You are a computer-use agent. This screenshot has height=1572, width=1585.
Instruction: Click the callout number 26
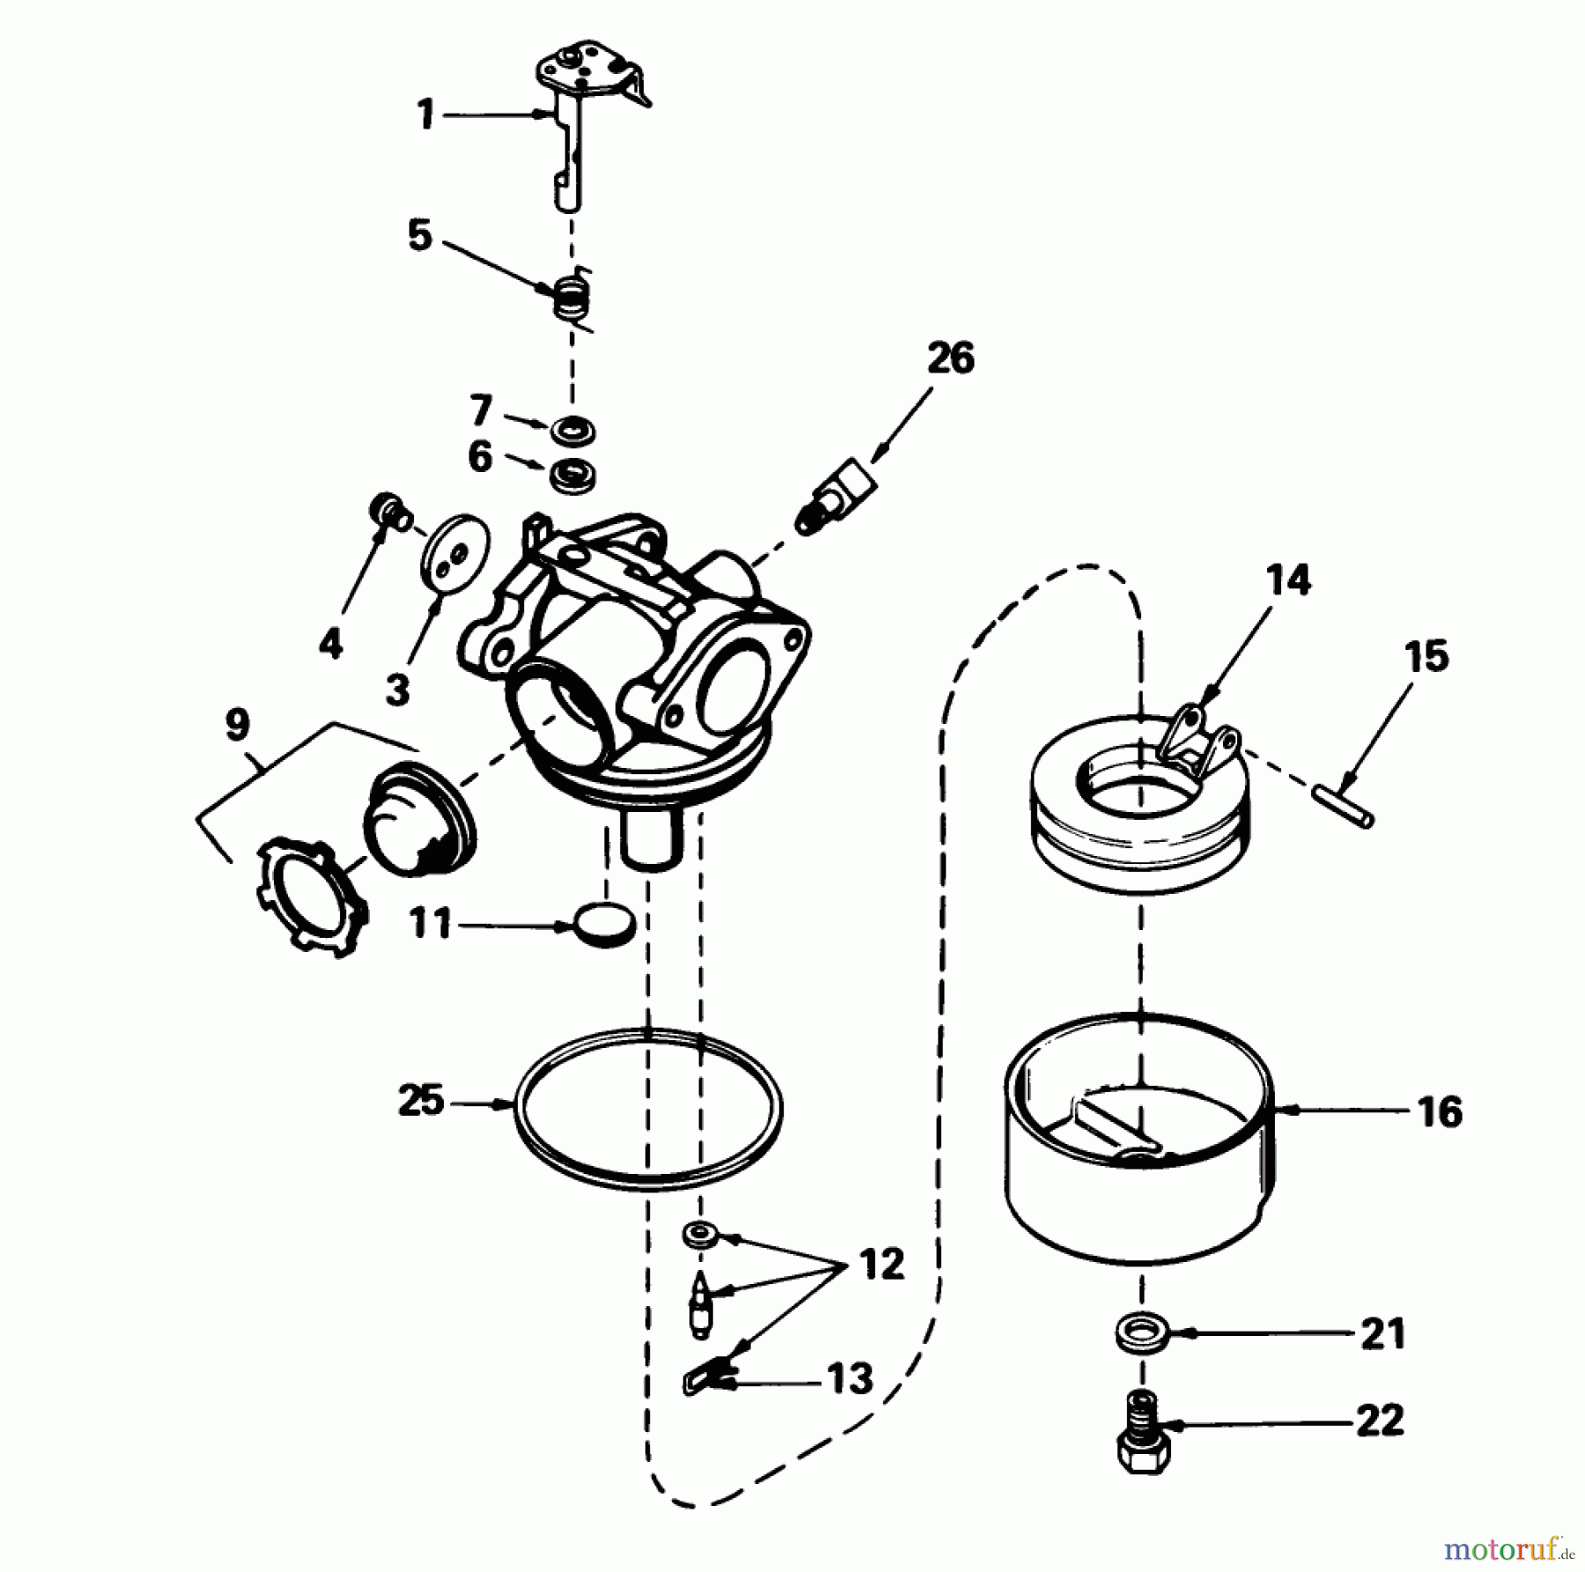pos(951,359)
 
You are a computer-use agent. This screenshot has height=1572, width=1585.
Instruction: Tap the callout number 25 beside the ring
pos(422,1101)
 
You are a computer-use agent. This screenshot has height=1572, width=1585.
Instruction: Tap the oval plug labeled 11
pos(603,926)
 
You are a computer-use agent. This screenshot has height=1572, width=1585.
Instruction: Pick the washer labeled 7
pos(572,432)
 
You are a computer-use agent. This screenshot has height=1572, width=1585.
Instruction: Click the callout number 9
pos(237,725)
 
